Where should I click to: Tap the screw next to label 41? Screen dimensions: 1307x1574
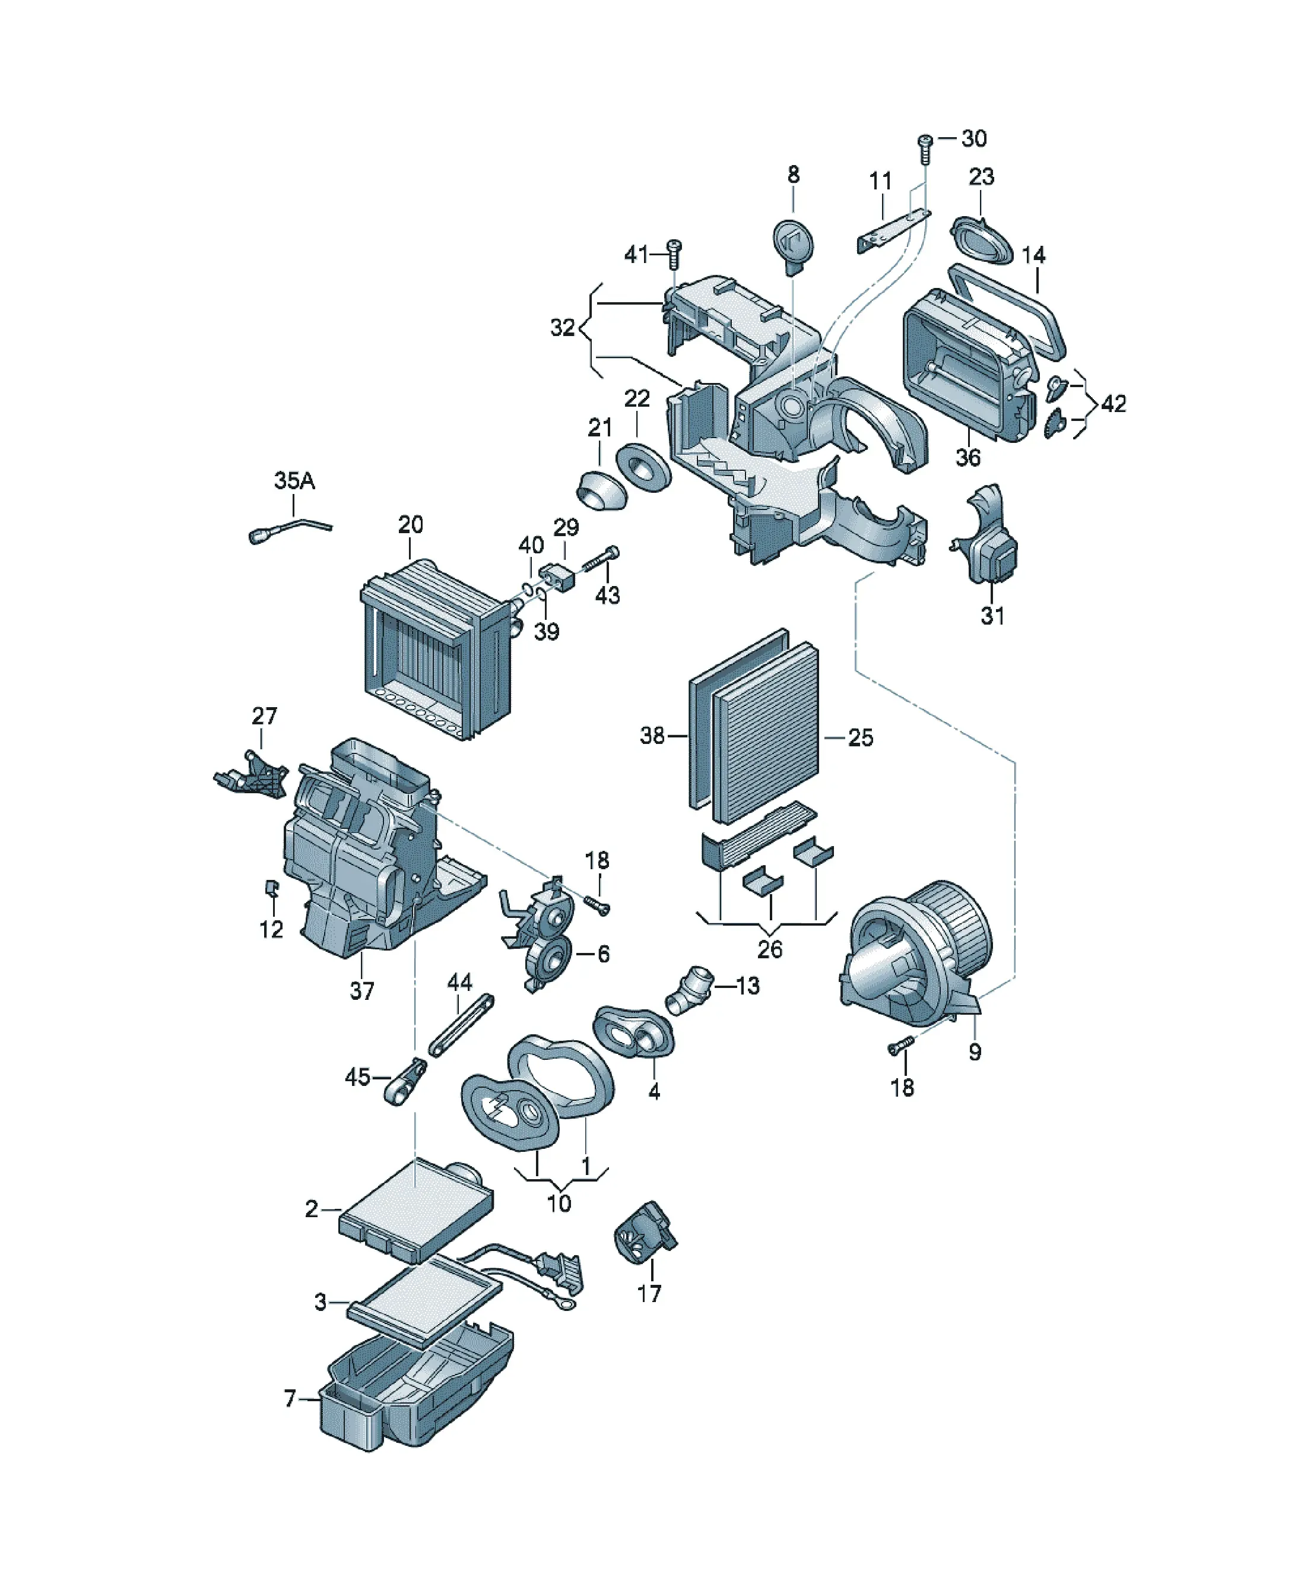click(674, 255)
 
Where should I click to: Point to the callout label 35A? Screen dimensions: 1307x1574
click(294, 480)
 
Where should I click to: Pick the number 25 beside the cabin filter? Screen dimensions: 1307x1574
click(860, 737)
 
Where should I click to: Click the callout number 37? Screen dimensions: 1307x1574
click(362, 991)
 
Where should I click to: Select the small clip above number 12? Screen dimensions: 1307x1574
click(272, 889)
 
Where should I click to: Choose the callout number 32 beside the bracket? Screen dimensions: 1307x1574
click(563, 328)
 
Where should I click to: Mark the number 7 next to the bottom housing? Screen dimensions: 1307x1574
click(290, 1399)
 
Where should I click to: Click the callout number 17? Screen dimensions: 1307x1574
click(649, 1293)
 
